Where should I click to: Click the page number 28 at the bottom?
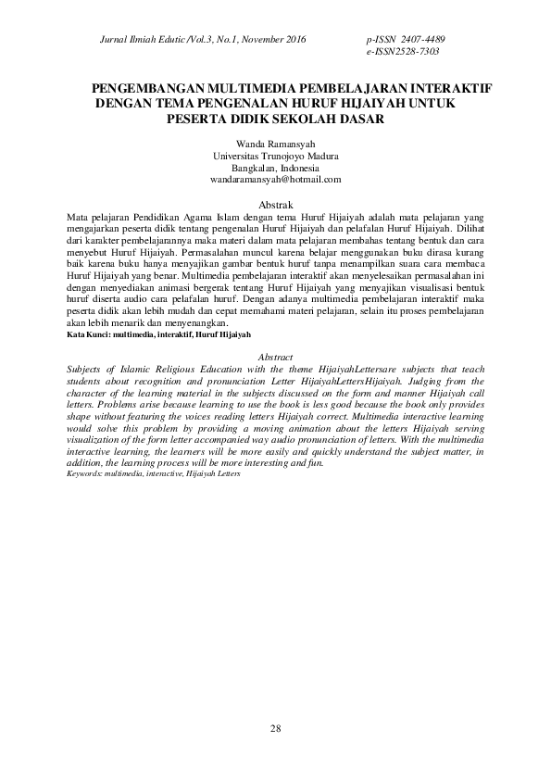[x=275, y=729]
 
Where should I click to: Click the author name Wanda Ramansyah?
[x=275, y=145]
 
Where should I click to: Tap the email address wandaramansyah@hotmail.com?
[x=275, y=180]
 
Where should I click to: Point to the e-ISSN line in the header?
[x=403, y=52]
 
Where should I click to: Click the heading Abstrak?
[x=275, y=204]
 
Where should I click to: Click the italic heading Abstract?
[x=275, y=357]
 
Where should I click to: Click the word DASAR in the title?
[x=356, y=119]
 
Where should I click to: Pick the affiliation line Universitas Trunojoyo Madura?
[x=275, y=157]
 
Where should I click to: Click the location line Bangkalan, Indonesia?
[x=275, y=169]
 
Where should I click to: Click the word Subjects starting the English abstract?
[x=87, y=368]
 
